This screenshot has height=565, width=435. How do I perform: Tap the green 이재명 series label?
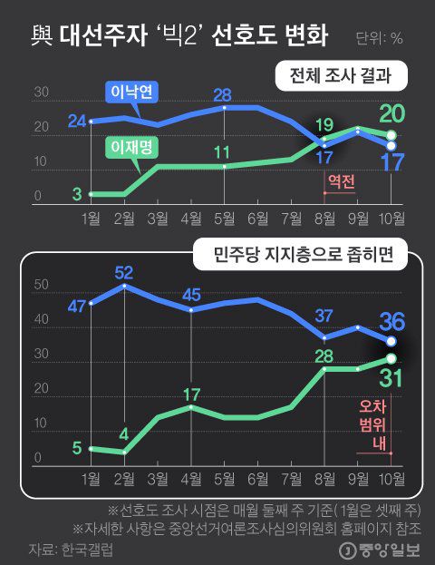coord(130,144)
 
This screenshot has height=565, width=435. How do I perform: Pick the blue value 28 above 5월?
coord(224,95)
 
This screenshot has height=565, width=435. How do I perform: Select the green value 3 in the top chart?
coord(76,192)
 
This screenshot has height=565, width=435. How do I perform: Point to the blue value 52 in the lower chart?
coord(123,272)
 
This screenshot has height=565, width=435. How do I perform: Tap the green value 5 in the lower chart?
coord(77,446)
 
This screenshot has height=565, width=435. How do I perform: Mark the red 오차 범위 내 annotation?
coord(372,424)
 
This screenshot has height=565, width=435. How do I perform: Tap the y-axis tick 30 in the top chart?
coord(41,93)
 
